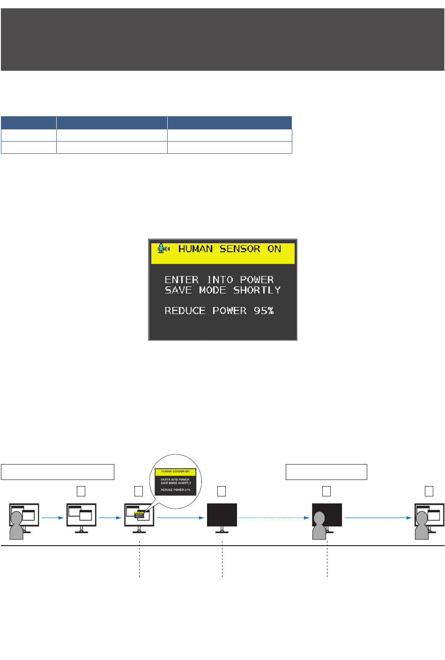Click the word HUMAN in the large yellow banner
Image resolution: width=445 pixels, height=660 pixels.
[195, 249]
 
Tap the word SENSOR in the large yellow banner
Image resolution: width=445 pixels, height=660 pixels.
[240, 249]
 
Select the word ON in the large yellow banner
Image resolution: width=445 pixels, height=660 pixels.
[274, 249]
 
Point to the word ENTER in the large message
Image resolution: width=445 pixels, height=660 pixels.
[182, 280]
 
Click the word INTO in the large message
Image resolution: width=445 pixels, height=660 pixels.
[220, 280]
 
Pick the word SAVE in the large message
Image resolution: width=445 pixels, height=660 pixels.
[178, 290]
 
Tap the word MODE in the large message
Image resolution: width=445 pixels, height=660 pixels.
[213, 290]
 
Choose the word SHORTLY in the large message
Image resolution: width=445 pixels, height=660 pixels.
[257, 290]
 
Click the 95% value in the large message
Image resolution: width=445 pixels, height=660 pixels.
[264, 311]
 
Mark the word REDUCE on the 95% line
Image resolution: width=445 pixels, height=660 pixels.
[185, 311]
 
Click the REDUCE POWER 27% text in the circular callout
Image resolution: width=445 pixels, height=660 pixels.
[176, 490]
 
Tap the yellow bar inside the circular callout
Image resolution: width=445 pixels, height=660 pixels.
[176, 472]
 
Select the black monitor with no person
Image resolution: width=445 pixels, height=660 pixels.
[222, 516]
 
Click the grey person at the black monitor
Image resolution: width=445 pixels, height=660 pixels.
[319, 526]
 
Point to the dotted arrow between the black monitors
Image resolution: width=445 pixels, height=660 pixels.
[274, 518]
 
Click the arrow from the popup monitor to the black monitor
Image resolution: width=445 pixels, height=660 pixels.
[180, 518]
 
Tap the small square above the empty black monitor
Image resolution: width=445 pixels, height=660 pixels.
[222, 491]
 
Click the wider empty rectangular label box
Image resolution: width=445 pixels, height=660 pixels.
[58, 472]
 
